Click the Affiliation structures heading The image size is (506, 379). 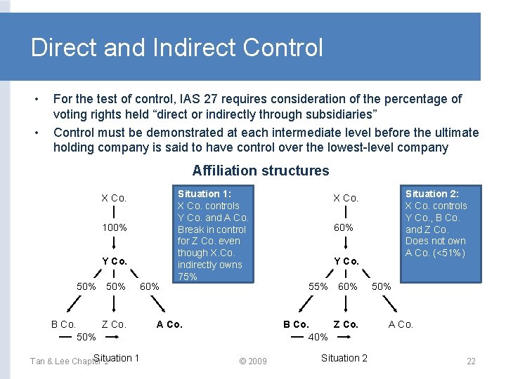click(x=260, y=171)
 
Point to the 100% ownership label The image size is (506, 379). click(x=115, y=227)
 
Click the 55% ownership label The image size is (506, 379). click(x=318, y=286)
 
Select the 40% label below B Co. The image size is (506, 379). click(x=318, y=337)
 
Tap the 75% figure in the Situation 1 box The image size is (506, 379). click(x=188, y=277)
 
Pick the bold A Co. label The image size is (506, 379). click(x=169, y=324)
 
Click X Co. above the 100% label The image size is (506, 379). click(x=114, y=198)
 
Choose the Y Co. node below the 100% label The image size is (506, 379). click(x=114, y=261)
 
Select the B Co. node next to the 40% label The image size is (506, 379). click(x=296, y=324)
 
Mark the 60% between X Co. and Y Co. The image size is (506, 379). click(x=344, y=227)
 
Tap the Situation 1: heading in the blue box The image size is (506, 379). click(x=204, y=194)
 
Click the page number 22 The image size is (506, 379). click(x=471, y=361)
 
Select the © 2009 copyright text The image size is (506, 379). click(x=253, y=361)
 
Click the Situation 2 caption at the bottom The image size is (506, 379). click(x=344, y=358)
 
